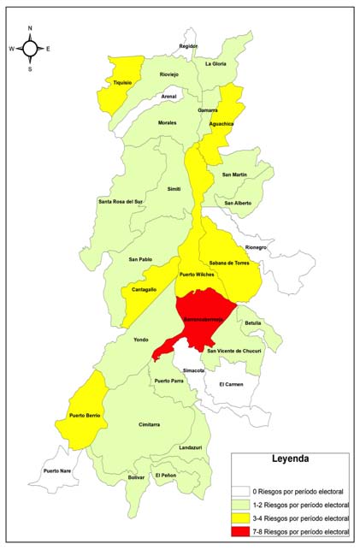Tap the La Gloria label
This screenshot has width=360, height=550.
(x=215, y=64)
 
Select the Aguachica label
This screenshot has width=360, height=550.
(x=221, y=124)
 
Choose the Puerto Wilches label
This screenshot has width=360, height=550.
(x=196, y=275)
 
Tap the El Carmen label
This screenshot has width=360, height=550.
(x=231, y=384)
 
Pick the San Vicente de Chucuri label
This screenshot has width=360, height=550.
(x=234, y=351)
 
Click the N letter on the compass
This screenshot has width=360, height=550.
(x=30, y=28)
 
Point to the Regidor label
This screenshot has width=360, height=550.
(x=188, y=46)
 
